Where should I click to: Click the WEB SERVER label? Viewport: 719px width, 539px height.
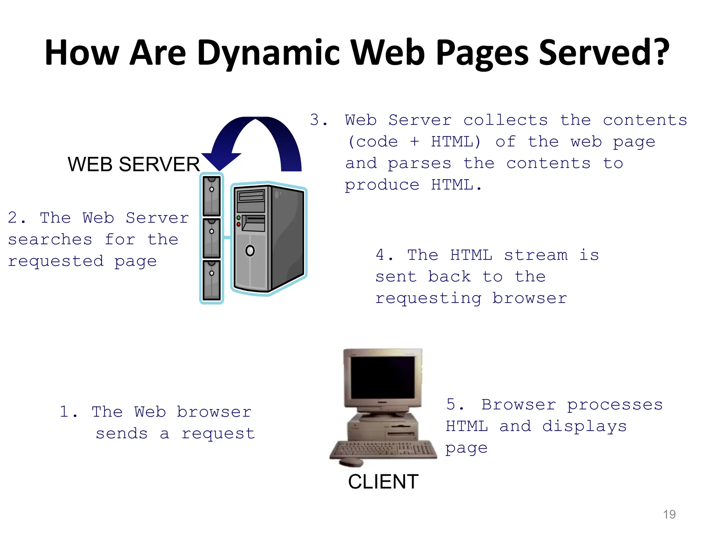pos(133,164)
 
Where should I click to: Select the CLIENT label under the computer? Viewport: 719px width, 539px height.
pos(383,481)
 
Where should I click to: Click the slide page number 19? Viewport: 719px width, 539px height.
pos(669,514)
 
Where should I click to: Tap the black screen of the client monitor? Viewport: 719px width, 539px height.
pos(383,377)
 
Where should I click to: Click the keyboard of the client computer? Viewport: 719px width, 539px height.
pos(383,449)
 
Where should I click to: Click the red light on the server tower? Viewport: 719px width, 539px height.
pos(239,224)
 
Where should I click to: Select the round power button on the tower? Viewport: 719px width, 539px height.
pos(250,251)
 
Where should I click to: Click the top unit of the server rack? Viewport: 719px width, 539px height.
pos(212,195)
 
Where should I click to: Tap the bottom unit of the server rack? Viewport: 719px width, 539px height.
pos(212,280)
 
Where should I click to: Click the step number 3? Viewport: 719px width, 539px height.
pos(315,120)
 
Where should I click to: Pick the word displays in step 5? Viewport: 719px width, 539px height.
pos(584,426)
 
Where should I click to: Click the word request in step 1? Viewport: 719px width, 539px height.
pos(218,434)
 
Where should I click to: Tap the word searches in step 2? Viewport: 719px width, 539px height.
pos(50,240)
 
